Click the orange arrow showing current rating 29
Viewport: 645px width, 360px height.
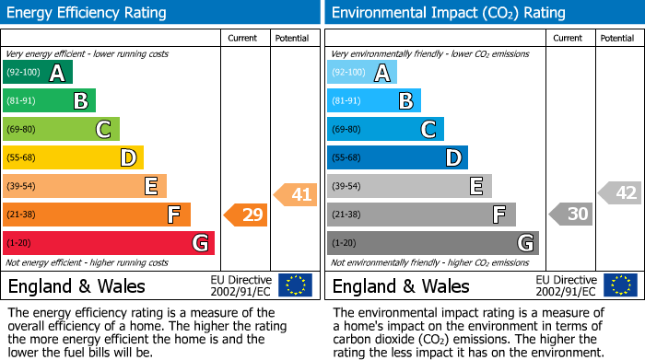pyautogui.click(x=245, y=215)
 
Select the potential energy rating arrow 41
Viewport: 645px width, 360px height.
pyautogui.click(x=295, y=194)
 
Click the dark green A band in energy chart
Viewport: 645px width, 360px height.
pyautogui.click(x=37, y=73)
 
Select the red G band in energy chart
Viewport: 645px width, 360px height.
pyautogui.click(x=109, y=243)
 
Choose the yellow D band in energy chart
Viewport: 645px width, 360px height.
pyautogui.click(x=73, y=158)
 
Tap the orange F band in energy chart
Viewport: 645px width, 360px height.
pyautogui.click(x=97, y=215)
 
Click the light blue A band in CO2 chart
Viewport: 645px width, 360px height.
pyautogui.click(x=362, y=73)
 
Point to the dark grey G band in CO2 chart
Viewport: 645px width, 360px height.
pyautogui.click(x=433, y=243)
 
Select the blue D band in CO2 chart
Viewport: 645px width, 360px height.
pyautogui.click(x=397, y=158)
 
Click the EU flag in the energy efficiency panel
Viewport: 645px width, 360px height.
pyautogui.click(x=295, y=285)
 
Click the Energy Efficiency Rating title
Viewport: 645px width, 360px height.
pyautogui.click(x=88, y=13)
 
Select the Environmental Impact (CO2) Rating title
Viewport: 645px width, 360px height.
pyautogui.click(x=448, y=13)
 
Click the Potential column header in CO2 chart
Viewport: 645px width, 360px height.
pyautogui.click(x=617, y=38)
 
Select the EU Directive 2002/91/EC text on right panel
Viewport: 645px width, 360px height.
pyautogui.click(x=567, y=285)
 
